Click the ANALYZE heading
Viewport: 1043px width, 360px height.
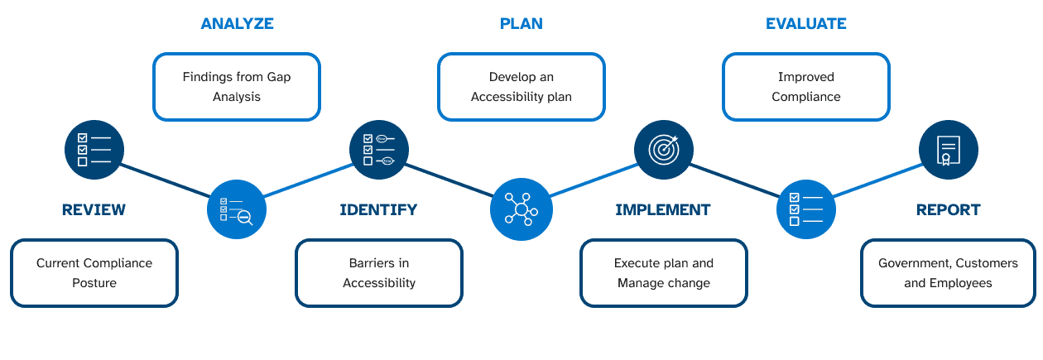tap(237, 23)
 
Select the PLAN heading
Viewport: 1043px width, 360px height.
tap(521, 23)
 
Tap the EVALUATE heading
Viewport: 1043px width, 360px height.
tap(805, 23)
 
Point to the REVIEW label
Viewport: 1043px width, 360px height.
tap(94, 209)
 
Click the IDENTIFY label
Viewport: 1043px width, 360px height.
tap(378, 209)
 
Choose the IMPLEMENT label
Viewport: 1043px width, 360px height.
tap(663, 209)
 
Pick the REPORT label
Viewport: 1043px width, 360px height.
tap(948, 209)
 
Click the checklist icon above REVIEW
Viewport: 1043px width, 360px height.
tap(94, 150)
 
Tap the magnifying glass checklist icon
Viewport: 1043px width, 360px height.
tap(237, 209)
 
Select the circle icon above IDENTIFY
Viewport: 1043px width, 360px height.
tap(379, 150)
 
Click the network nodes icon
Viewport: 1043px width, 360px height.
tap(521, 209)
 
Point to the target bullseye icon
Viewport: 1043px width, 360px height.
tap(664, 150)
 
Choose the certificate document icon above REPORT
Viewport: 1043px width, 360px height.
tap(949, 150)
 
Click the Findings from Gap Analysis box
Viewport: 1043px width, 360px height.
tap(237, 87)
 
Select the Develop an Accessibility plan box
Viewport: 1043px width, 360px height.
tap(521, 87)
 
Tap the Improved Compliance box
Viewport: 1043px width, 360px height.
tap(805, 87)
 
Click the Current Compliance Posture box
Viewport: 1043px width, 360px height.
tap(94, 273)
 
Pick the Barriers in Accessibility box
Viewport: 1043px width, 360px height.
tap(379, 273)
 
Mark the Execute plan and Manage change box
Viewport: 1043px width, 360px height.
tap(664, 273)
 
